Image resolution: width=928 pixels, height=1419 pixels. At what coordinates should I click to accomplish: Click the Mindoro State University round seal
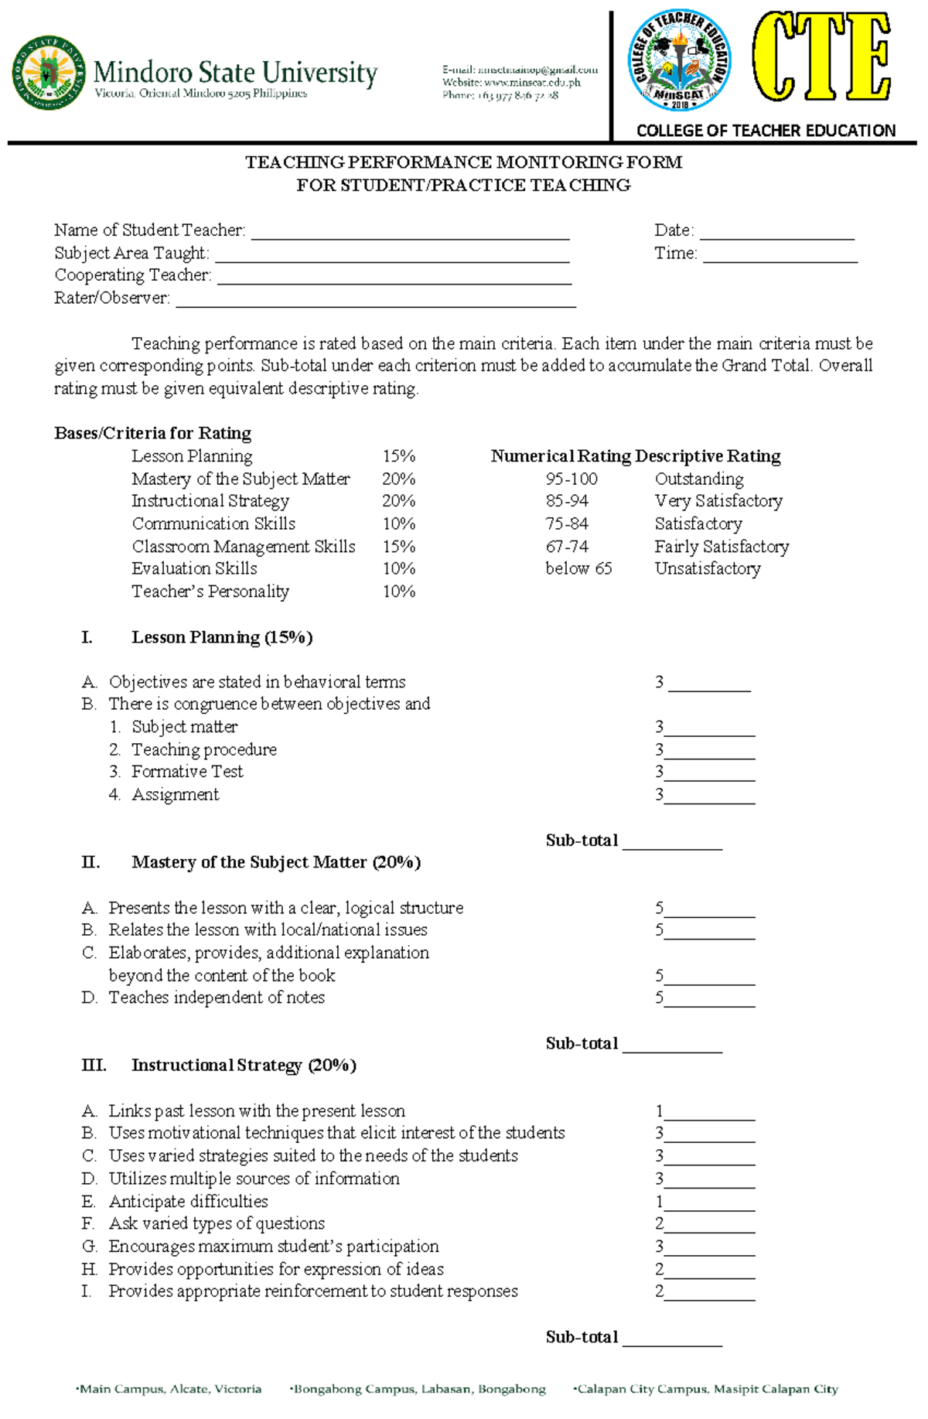(48, 72)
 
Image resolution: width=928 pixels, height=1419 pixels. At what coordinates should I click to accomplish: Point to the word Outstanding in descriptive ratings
(698, 479)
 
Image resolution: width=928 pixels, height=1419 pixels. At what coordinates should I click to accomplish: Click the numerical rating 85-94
(567, 501)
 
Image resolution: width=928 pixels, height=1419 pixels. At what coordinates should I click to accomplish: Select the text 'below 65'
(578, 568)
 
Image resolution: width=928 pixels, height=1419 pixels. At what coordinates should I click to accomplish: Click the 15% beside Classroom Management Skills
(398, 546)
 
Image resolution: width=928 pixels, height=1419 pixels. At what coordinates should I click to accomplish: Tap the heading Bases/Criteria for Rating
(152, 433)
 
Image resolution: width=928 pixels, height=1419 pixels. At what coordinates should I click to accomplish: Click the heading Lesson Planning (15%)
(221, 637)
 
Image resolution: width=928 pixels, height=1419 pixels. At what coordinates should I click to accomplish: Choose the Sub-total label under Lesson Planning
(582, 841)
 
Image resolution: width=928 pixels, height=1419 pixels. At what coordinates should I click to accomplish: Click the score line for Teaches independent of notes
(709, 998)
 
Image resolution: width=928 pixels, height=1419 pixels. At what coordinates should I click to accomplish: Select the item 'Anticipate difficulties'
(188, 1201)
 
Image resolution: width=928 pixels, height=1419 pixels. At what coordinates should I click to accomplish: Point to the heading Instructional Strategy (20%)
(243, 1066)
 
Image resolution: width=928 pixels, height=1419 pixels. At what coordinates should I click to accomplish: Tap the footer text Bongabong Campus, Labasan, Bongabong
(418, 1389)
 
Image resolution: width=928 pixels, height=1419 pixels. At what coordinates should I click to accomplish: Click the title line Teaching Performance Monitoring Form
(463, 162)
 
